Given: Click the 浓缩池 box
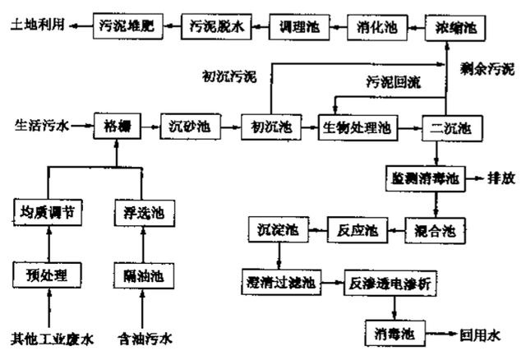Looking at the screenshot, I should (x=454, y=27).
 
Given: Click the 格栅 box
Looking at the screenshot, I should (x=117, y=127).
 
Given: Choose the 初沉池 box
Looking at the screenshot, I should (x=265, y=127).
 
